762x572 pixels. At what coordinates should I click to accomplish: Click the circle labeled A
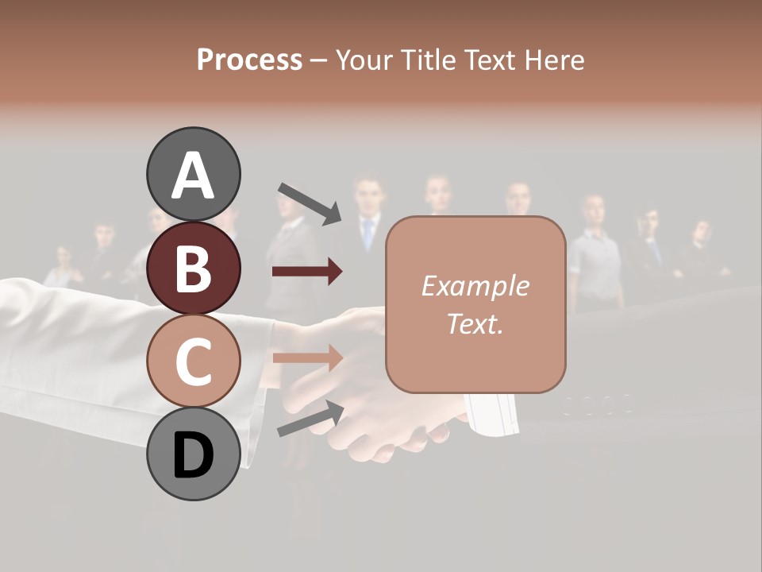(x=193, y=174)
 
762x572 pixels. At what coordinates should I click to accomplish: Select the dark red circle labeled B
(x=193, y=268)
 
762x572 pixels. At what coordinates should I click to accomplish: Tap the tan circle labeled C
(x=193, y=361)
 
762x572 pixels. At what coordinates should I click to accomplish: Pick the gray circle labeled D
(x=193, y=454)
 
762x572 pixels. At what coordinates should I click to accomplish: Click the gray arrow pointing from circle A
(x=310, y=203)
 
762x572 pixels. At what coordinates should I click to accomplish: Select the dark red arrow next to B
(x=307, y=272)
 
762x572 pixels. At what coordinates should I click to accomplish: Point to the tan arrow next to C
(x=307, y=357)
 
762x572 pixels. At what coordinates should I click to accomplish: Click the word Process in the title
(x=249, y=60)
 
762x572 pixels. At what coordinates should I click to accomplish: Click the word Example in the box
(x=475, y=286)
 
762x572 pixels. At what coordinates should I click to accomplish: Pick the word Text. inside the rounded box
(x=475, y=323)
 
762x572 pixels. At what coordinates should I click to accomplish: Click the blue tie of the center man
(x=368, y=235)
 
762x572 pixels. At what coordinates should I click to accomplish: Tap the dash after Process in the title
(x=319, y=60)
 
